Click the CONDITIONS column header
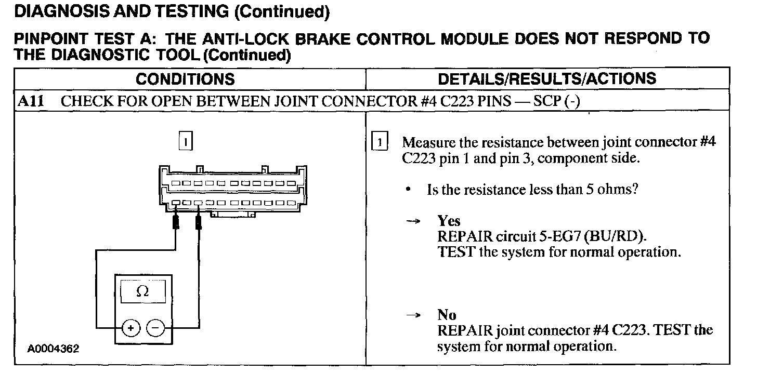coord(185,79)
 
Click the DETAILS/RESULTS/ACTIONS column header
coord(547,78)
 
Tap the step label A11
coord(29,101)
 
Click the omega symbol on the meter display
coord(142,292)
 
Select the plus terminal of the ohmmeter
coord(131,328)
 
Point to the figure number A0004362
coord(54,349)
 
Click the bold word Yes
coord(449,221)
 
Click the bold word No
coord(447,315)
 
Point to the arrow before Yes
coord(412,221)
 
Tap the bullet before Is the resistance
coord(409,190)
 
